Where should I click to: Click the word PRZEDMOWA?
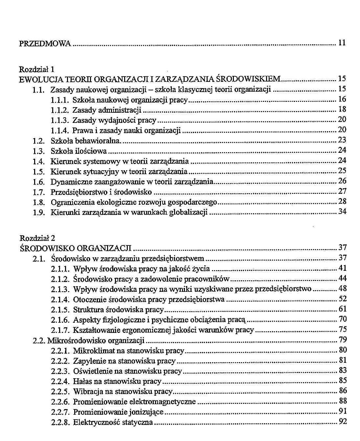45,43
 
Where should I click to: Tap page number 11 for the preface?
342,43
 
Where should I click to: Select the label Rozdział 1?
36,69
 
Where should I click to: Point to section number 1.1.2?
60,110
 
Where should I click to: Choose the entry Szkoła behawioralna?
86,141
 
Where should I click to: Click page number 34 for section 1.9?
342,211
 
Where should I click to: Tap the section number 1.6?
39,182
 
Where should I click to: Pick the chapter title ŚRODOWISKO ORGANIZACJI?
76,248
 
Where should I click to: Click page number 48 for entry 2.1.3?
343,289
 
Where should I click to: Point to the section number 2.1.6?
60,320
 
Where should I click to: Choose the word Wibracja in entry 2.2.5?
86,391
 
